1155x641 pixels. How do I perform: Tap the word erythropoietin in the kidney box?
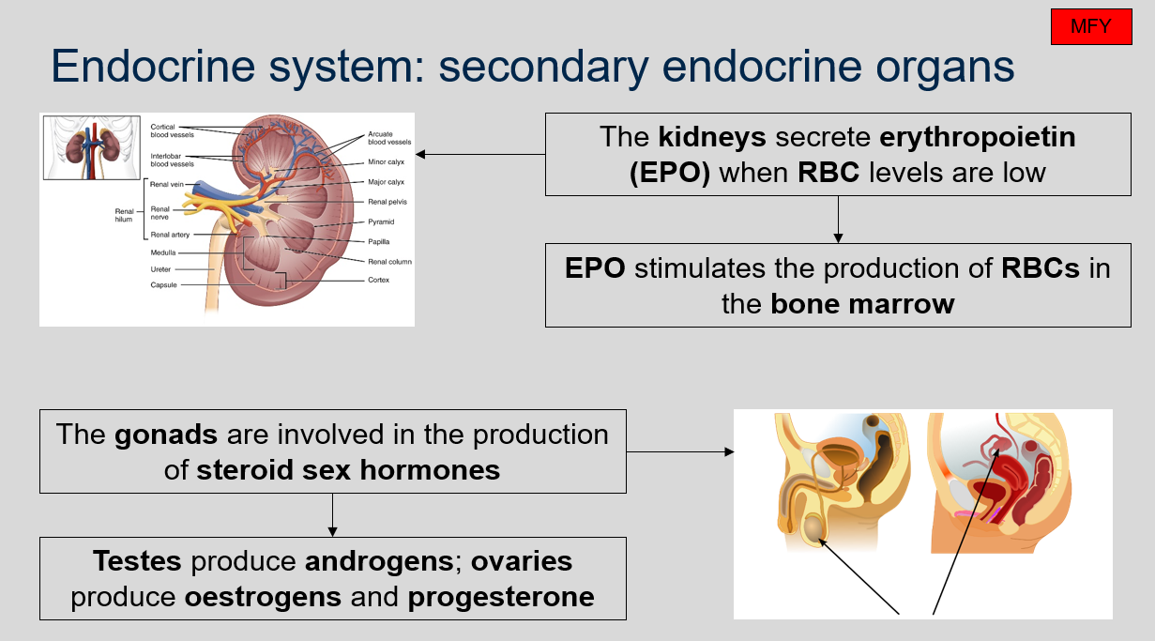pos(978,138)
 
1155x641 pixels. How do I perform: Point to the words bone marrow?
pos(863,303)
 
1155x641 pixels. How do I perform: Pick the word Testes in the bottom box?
pos(137,561)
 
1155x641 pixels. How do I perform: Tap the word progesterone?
pos(501,597)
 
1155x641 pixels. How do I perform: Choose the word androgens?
pos(379,561)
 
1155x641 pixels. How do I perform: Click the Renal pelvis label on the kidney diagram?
pos(388,202)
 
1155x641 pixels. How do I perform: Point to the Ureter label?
pos(160,269)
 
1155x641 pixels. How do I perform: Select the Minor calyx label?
pos(386,162)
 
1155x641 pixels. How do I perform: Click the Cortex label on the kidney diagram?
pos(378,280)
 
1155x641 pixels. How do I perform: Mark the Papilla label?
pos(379,240)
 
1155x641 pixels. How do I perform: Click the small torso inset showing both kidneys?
pos(89,146)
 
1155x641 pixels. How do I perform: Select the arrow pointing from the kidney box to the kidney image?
pos(479,154)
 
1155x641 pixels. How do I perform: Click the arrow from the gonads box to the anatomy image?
pos(679,451)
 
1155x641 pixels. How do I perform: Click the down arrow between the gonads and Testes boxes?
pos(332,514)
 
